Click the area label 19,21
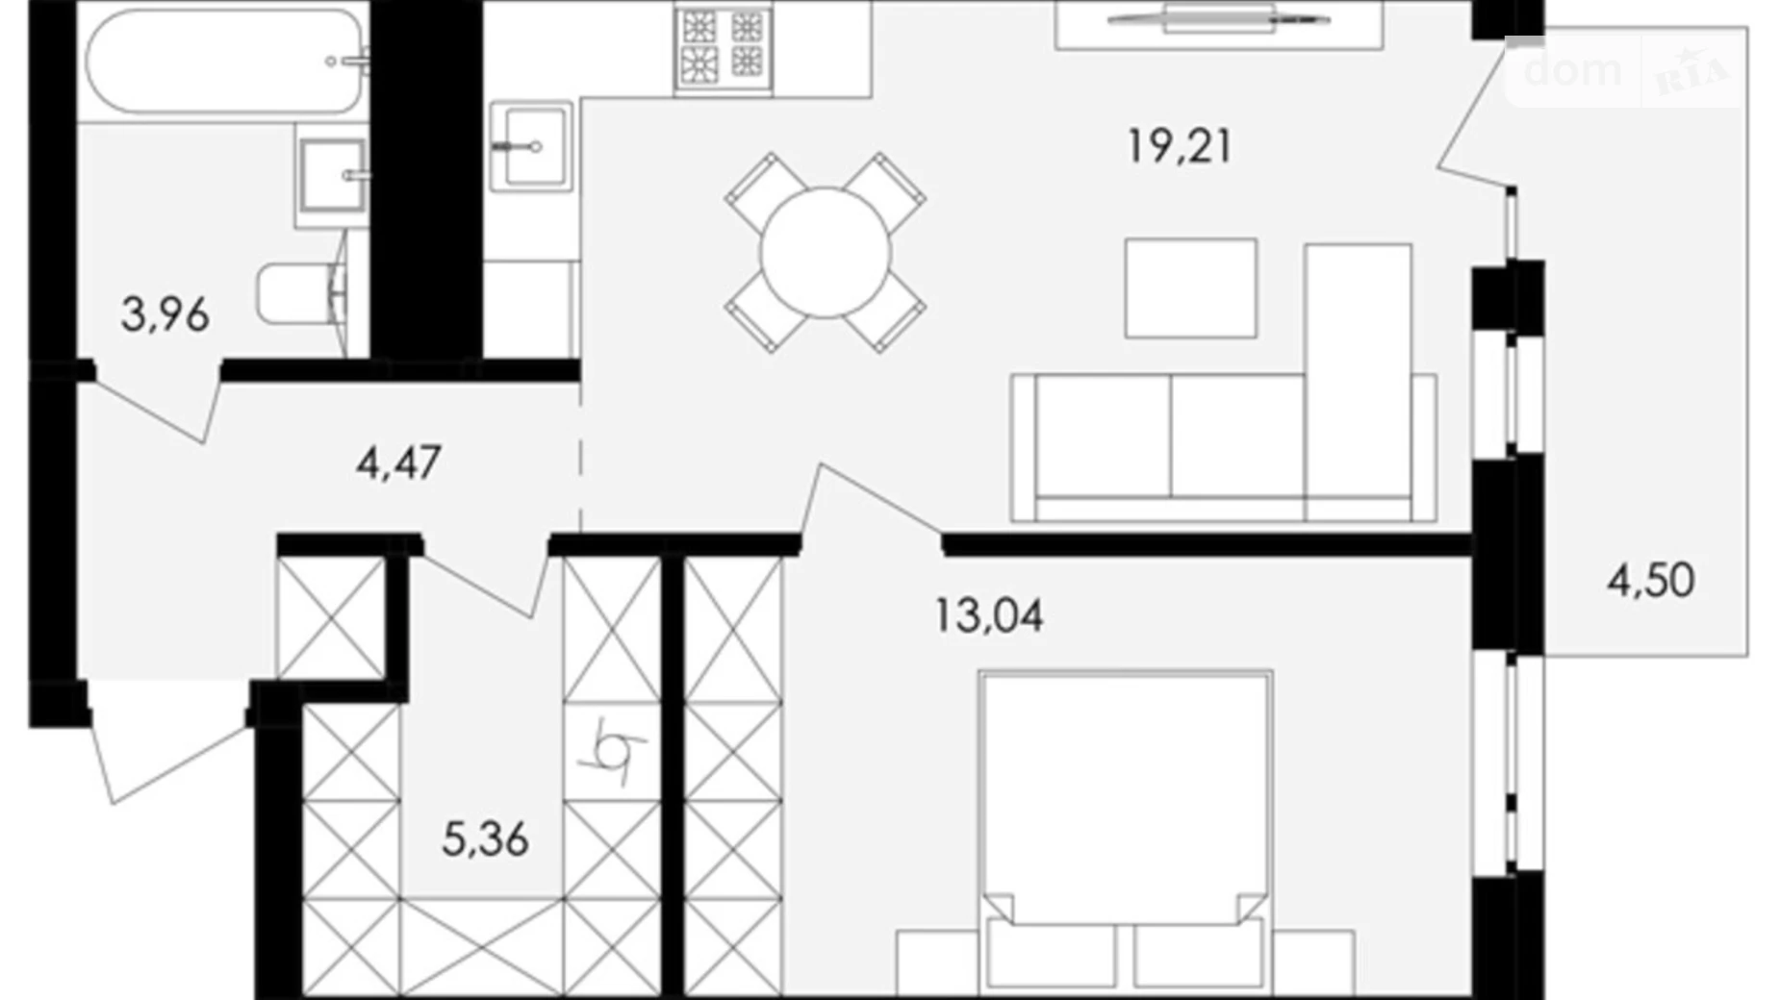click(1179, 147)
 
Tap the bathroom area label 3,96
click(165, 315)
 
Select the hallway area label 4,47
click(397, 463)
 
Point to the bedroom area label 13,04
click(988, 615)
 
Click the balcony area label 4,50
click(1650, 581)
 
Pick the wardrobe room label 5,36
click(485, 839)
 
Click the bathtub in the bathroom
click(224, 62)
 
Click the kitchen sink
click(530, 146)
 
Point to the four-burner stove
click(723, 46)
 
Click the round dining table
click(825, 253)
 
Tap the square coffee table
click(1190, 288)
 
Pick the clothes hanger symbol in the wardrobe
click(612, 750)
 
